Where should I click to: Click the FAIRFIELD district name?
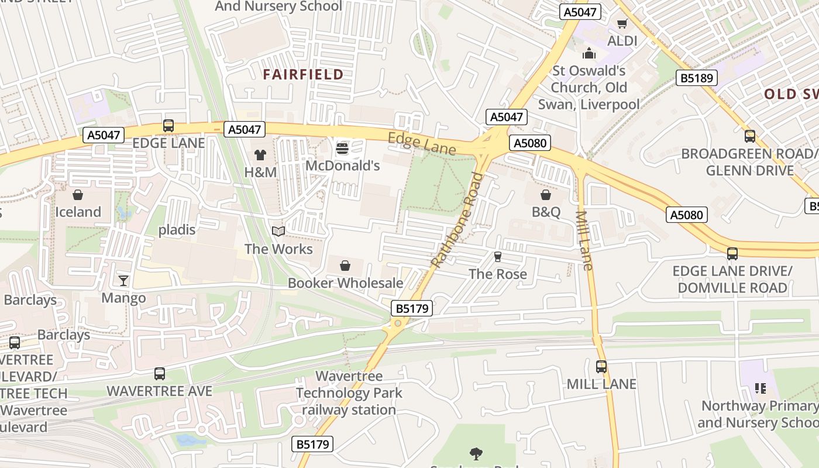pyautogui.click(x=303, y=74)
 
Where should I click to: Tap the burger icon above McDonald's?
pyautogui.click(x=342, y=148)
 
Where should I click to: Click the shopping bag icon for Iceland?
pyautogui.click(x=78, y=194)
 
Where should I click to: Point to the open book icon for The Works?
pyautogui.click(x=278, y=232)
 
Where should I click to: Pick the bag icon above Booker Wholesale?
pyautogui.click(x=345, y=266)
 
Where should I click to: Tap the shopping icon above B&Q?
pyautogui.click(x=546, y=194)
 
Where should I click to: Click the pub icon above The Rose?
pyautogui.click(x=498, y=257)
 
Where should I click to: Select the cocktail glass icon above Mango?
pyautogui.click(x=123, y=281)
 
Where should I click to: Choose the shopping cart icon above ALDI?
pyautogui.click(x=622, y=24)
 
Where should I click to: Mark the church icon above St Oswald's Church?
pyautogui.click(x=589, y=54)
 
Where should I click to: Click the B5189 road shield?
pyautogui.click(x=696, y=78)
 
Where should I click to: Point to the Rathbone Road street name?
pyautogui.click(x=458, y=219)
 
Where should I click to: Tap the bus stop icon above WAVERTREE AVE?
pyautogui.click(x=159, y=373)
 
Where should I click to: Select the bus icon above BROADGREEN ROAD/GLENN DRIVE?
pyautogui.click(x=749, y=136)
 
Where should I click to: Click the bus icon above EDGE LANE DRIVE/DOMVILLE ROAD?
pyautogui.click(x=732, y=254)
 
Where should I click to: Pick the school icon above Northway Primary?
pyautogui.click(x=760, y=388)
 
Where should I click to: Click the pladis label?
pyautogui.click(x=177, y=229)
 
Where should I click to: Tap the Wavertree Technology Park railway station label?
pyautogui.click(x=349, y=393)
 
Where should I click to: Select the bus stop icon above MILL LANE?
pyautogui.click(x=601, y=367)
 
